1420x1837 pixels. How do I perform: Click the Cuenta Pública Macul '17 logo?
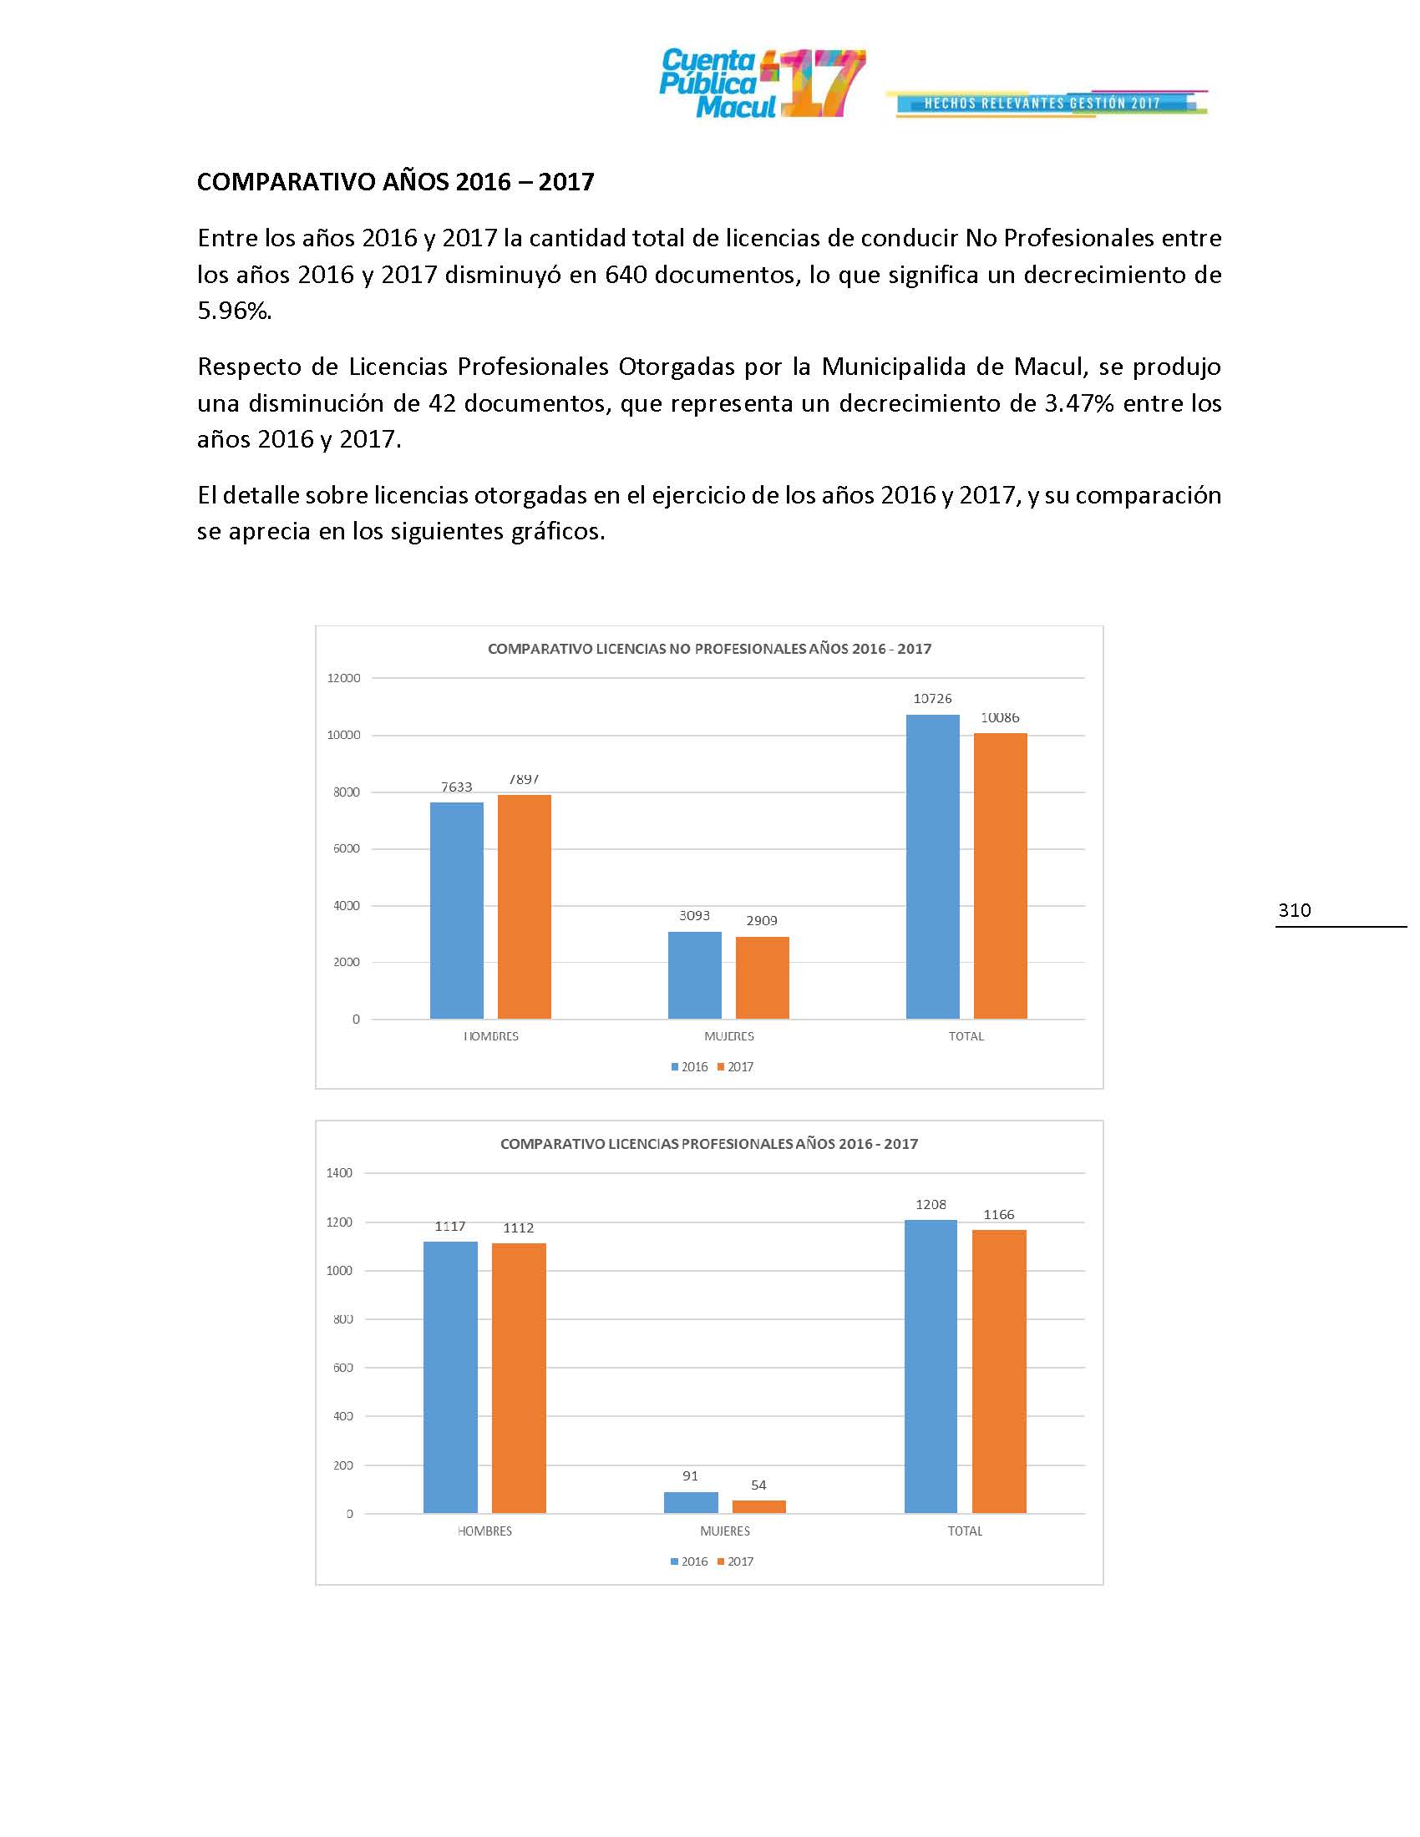click(761, 83)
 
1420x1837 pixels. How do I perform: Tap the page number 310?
click(1294, 910)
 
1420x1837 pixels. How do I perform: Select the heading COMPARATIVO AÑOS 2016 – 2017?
click(395, 182)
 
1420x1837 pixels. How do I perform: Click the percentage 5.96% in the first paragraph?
click(234, 311)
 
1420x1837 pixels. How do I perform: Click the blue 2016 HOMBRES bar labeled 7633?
click(456, 910)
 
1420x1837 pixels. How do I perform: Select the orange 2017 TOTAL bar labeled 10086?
click(1000, 876)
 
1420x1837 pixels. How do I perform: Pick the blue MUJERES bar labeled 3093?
click(694, 974)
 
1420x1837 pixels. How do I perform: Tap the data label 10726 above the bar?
click(932, 698)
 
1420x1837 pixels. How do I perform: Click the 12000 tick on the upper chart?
click(343, 678)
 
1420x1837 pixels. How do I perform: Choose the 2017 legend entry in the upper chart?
click(735, 1066)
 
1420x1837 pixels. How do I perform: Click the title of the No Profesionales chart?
click(709, 649)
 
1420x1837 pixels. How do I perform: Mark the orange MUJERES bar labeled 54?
click(758, 1506)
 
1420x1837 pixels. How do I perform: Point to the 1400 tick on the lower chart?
click(340, 1172)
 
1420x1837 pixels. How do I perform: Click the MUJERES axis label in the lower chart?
click(724, 1531)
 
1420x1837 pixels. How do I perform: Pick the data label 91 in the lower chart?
click(690, 1475)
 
